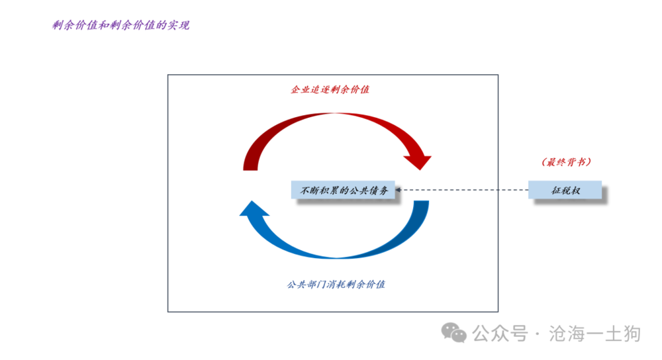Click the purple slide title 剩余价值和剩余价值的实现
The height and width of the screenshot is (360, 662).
(120, 25)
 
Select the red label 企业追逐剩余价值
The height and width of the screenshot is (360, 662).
(330, 89)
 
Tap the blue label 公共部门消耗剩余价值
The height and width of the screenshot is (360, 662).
(336, 285)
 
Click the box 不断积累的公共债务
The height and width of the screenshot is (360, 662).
(343, 190)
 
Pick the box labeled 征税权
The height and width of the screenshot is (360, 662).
(565, 190)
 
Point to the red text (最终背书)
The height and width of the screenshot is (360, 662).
(566, 162)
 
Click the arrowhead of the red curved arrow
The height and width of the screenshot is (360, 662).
(418, 162)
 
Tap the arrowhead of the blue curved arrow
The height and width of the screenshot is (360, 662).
(254, 208)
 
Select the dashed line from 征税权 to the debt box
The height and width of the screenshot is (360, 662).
(462, 190)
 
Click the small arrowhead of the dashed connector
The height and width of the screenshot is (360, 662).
(398, 190)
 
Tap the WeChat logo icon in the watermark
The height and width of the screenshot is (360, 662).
(454, 333)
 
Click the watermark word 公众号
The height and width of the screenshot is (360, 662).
(500, 334)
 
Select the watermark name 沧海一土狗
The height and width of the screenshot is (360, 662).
(594, 334)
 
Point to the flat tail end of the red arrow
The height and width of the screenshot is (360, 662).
(250, 169)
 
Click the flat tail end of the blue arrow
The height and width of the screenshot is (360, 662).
(421, 201)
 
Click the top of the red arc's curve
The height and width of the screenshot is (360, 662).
(337, 114)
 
